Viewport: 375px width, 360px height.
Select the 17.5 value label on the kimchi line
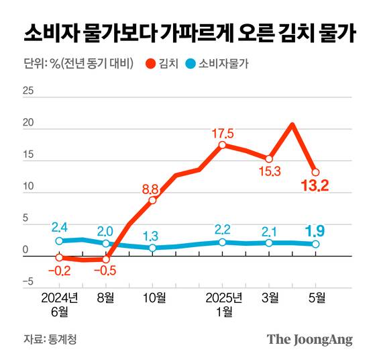coord(222,132)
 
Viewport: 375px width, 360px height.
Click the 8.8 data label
coord(151,189)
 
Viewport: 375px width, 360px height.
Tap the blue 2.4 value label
coord(58,228)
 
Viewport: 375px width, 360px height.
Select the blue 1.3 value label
coord(151,236)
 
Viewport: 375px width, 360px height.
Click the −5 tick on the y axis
coord(27,282)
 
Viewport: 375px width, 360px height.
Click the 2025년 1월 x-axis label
coord(223,304)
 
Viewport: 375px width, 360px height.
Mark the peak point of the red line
coord(292,124)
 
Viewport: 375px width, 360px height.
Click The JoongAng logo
coord(309,339)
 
